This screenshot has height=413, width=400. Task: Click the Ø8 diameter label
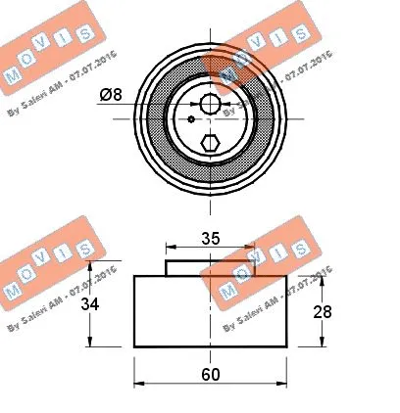click(x=110, y=95)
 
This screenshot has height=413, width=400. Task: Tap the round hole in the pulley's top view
click(x=209, y=104)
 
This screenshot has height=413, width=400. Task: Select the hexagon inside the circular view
click(x=209, y=143)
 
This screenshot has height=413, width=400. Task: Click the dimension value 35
click(x=208, y=236)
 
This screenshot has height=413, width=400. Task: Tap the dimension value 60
click(x=208, y=372)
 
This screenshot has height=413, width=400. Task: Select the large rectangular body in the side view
click(x=209, y=310)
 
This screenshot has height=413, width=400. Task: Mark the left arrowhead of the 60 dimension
click(x=137, y=384)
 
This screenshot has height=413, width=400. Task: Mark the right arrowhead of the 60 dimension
click(x=281, y=384)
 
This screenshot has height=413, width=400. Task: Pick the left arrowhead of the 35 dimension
click(x=169, y=248)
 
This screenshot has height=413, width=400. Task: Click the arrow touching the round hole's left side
click(x=195, y=104)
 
